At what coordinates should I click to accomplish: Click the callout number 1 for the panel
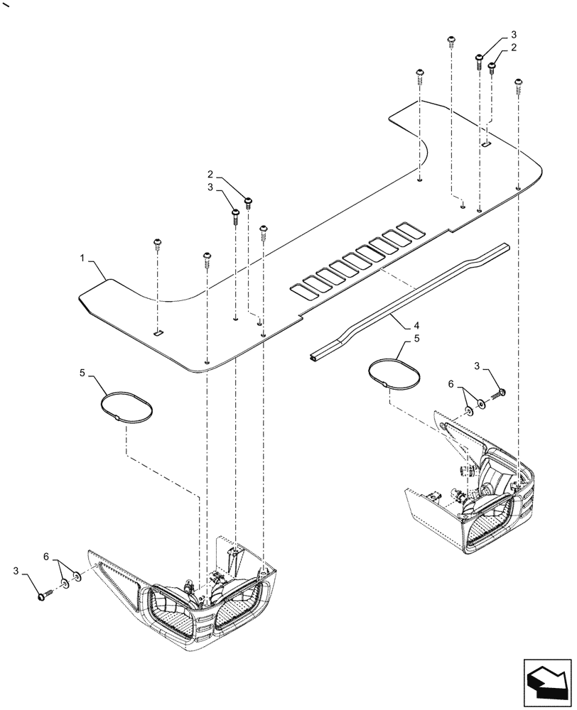tap(85, 262)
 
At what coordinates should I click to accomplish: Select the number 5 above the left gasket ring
tap(83, 371)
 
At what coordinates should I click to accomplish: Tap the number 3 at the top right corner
tap(514, 35)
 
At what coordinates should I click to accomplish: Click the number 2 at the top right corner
tap(514, 48)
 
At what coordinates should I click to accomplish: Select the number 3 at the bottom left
tap(16, 570)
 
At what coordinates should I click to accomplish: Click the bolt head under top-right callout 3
tap(480, 58)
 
